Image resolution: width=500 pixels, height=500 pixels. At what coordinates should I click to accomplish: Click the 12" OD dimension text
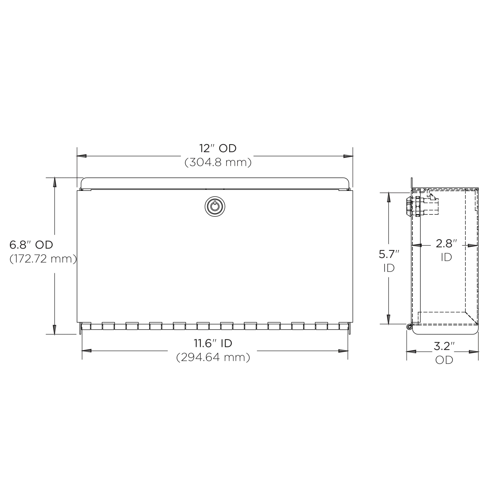coord(218,149)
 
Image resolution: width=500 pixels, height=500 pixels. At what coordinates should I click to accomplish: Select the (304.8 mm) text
coord(218,162)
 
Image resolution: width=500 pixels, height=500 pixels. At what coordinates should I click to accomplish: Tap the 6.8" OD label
coord(31,245)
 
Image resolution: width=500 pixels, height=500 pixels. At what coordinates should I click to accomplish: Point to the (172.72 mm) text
coord(43,259)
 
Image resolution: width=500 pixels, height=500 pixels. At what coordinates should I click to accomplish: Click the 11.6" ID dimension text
coord(213,343)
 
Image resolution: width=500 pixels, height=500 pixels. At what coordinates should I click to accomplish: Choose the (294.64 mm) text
coord(213,357)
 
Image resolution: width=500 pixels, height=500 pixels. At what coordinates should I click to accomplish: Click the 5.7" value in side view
coord(389,254)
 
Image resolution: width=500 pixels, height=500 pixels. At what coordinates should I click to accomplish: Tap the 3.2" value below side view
coord(444,346)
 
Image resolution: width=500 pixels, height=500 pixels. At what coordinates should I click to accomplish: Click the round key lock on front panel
coord(215,206)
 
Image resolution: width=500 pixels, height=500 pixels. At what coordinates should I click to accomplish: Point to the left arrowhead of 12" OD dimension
coord(81,156)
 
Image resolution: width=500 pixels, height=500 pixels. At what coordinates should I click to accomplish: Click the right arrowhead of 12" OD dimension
coord(348,156)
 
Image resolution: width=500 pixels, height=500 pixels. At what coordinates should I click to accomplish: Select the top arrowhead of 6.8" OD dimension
coord(55,182)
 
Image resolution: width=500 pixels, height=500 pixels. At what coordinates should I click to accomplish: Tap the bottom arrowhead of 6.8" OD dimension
coord(55,330)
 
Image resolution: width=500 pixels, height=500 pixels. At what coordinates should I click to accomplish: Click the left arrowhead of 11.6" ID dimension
coord(87,351)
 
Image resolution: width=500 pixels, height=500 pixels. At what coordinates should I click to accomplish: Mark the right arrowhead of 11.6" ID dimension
coord(343,351)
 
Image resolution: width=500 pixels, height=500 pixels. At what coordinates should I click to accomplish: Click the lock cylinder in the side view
coord(409,206)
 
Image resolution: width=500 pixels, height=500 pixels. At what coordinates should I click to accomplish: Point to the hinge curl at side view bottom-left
coord(409,327)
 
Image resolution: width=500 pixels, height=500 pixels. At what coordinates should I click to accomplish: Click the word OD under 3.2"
coord(444,360)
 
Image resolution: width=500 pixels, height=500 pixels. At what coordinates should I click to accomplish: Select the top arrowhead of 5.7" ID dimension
coord(389,197)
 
